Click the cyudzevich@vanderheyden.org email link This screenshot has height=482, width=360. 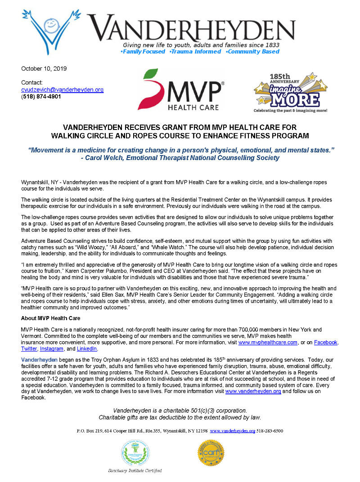pos(63,89)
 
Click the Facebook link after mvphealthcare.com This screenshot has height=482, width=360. pos(325,342)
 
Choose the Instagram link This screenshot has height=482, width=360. pos(51,348)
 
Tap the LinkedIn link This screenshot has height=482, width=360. pos(87,348)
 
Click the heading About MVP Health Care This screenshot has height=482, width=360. pos(51,318)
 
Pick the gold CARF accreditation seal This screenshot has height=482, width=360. pos(211,453)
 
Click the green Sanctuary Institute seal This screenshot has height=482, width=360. pos(135,453)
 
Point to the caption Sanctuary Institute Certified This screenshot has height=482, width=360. pos(135,470)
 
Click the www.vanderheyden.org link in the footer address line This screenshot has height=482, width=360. pos(233,431)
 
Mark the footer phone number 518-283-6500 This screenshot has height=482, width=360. pos(270,431)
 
